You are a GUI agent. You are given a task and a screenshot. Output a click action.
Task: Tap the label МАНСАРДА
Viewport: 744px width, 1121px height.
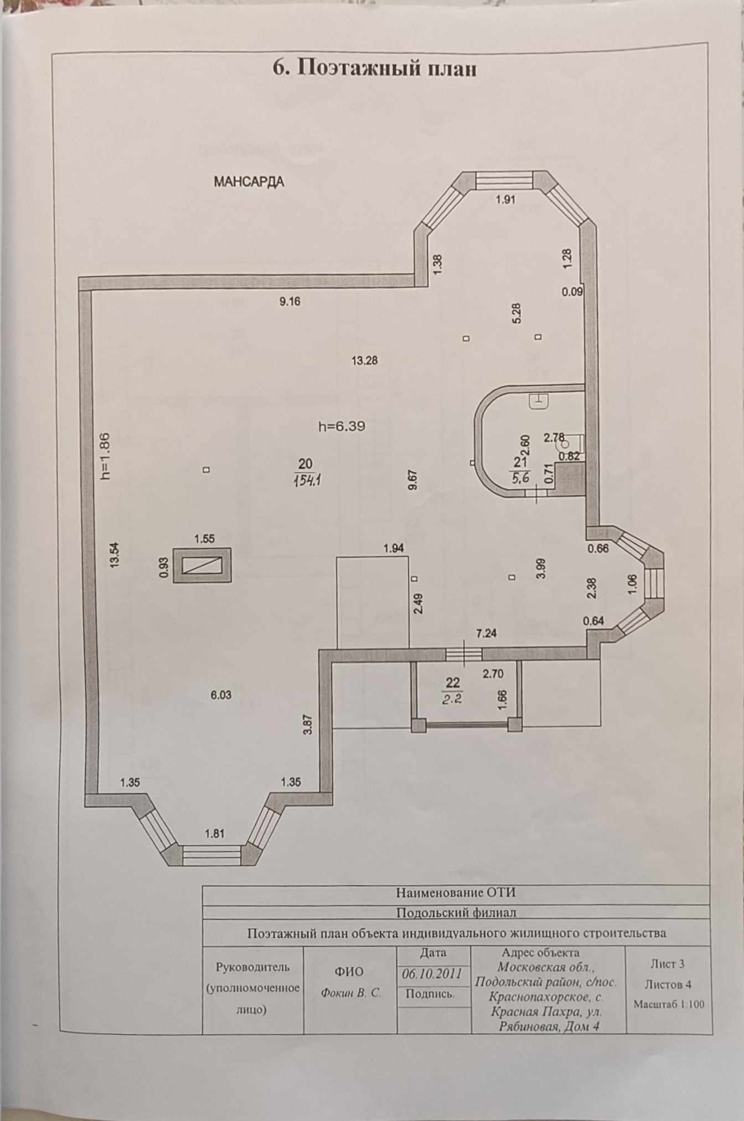click(x=249, y=182)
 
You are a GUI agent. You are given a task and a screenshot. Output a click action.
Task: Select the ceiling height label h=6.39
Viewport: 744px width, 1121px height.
click(x=342, y=426)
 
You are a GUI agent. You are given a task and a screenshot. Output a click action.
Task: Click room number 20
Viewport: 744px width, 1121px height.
click(x=305, y=464)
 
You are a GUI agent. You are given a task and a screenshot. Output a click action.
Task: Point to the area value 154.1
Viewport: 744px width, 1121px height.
click(x=308, y=480)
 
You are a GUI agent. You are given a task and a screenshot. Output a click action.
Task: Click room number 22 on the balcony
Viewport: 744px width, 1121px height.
click(x=453, y=684)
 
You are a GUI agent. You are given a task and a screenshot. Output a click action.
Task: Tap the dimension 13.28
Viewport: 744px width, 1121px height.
click(x=364, y=361)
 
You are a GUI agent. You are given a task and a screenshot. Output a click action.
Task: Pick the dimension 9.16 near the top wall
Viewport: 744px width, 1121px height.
click(x=290, y=302)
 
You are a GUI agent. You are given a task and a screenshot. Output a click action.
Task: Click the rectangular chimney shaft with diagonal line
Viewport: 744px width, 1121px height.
click(x=202, y=566)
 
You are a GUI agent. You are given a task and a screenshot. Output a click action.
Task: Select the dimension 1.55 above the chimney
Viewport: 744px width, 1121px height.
click(x=204, y=539)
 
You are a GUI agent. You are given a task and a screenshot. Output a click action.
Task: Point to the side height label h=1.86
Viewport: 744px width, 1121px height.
click(x=105, y=455)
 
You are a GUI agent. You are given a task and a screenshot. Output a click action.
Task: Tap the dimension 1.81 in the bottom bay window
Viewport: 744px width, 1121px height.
click(x=214, y=833)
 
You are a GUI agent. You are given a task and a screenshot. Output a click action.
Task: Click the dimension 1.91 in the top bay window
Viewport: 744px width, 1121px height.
click(x=505, y=200)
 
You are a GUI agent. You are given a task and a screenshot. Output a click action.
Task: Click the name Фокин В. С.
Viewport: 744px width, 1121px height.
click(x=351, y=993)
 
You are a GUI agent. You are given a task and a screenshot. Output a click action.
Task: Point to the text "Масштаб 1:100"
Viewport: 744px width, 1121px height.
click(x=669, y=1004)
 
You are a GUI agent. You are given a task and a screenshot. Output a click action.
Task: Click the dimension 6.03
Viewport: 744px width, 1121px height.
click(x=221, y=695)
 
